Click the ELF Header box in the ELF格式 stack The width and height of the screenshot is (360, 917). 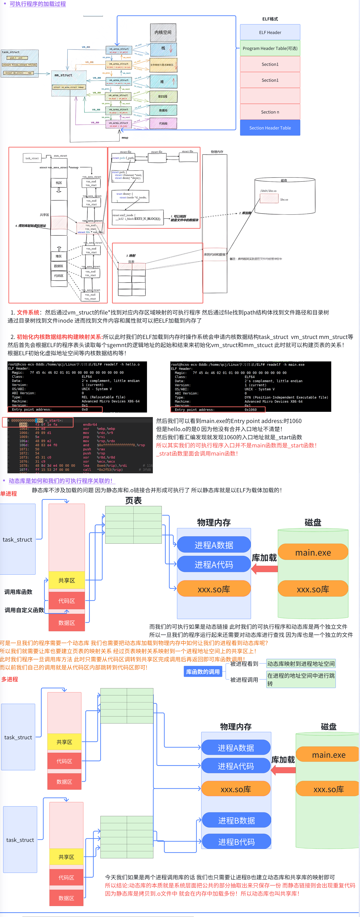click(x=270, y=32)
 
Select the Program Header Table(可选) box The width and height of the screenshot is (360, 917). click(x=270, y=48)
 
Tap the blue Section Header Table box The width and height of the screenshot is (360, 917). click(x=270, y=128)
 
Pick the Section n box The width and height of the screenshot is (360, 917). click(x=270, y=112)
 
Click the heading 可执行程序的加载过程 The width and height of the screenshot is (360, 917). click(x=38, y=4)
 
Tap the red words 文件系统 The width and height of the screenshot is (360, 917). click(x=28, y=312)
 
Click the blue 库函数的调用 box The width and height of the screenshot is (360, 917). click(x=203, y=672)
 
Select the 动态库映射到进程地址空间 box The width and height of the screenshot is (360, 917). click(x=301, y=664)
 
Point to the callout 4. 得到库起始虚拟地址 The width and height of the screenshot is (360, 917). click(x=31, y=226)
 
